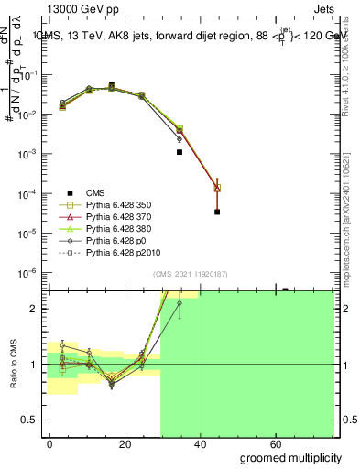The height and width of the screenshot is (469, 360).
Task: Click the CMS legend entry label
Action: (x=96, y=191)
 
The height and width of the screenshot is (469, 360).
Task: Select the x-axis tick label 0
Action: (x=50, y=443)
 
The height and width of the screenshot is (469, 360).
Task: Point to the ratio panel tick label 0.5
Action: (x=29, y=420)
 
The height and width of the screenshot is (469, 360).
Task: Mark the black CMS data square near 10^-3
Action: (x=180, y=152)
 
